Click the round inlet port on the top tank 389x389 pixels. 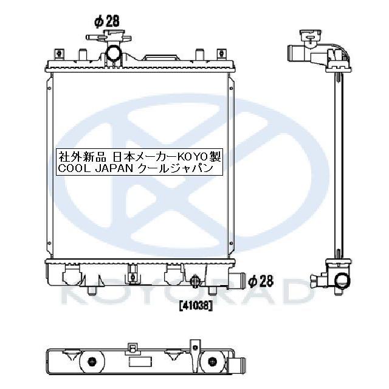114,55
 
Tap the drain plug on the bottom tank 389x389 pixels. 194,282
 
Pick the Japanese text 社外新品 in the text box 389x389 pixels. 78,156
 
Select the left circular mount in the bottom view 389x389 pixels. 92,363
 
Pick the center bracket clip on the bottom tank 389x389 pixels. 131,277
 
